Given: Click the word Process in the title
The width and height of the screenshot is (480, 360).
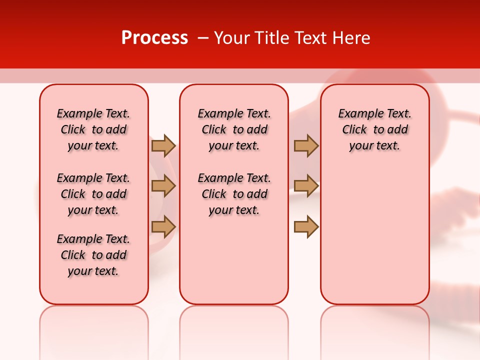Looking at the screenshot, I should tap(154, 38).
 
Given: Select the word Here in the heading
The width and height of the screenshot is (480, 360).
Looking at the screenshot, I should tap(351, 38).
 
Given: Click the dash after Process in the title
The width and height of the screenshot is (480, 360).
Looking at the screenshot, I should tap(202, 38).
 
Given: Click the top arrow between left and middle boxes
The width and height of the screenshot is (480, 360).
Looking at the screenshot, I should tap(163, 145).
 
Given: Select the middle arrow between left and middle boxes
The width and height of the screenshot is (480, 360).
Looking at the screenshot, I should tap(163, 186).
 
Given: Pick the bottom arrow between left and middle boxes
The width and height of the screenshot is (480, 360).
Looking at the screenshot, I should tap(163, 226).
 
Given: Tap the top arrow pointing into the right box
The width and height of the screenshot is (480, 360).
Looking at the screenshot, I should tap(306, 145).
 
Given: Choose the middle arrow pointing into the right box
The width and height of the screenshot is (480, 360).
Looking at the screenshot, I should tap(306, 186).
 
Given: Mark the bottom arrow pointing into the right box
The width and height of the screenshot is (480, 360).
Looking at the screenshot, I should tap(306, 226).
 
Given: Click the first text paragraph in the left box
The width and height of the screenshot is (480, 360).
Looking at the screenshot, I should tap(93, 129).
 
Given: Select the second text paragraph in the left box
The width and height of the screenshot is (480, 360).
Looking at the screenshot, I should tap(93, 194).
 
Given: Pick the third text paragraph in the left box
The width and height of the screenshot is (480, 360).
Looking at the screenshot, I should tap(93, 255).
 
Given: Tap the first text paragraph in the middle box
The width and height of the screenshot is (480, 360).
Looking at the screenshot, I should tap(234, 129).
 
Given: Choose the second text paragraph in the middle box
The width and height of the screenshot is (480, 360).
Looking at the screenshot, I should tap(234, 194).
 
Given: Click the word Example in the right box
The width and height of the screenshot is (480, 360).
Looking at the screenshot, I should tap(358, 114).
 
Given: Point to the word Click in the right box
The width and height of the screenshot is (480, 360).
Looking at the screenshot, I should tap(354, 130).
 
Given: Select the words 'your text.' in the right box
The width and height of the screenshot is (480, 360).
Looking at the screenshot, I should tap(374, 146).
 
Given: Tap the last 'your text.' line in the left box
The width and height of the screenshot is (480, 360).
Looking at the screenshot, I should tap(93, 271).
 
